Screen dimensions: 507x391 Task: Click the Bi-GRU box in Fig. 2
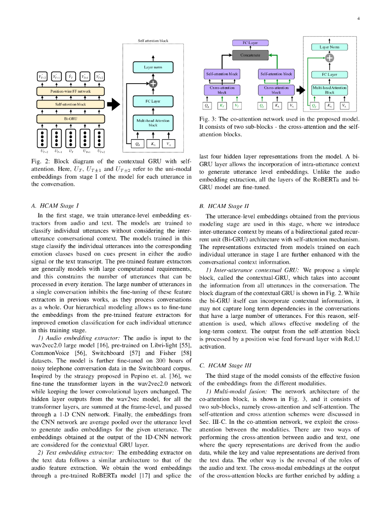tap(71, 119)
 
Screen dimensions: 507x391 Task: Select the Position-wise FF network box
tap(71, 91)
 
